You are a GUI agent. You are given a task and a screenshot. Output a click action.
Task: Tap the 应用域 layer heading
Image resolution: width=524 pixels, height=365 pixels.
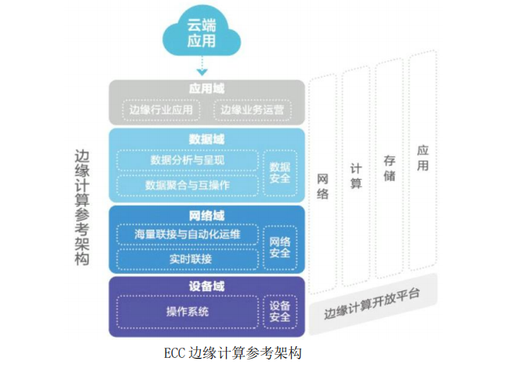206,89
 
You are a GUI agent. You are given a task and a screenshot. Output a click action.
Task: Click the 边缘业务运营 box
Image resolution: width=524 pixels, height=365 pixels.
252,110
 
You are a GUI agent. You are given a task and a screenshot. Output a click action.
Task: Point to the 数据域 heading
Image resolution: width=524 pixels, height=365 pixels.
206,138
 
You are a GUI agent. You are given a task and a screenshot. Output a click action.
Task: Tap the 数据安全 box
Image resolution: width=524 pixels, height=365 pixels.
280,172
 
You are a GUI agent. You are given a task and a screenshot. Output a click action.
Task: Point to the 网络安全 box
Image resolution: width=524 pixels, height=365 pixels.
280,246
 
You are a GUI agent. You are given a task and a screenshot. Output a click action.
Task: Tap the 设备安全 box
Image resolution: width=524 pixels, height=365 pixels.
280,311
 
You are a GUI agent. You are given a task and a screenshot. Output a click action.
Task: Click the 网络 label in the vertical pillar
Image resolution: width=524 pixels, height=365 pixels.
322,185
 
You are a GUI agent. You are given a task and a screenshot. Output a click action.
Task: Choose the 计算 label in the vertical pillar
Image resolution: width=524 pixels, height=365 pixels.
356,176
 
